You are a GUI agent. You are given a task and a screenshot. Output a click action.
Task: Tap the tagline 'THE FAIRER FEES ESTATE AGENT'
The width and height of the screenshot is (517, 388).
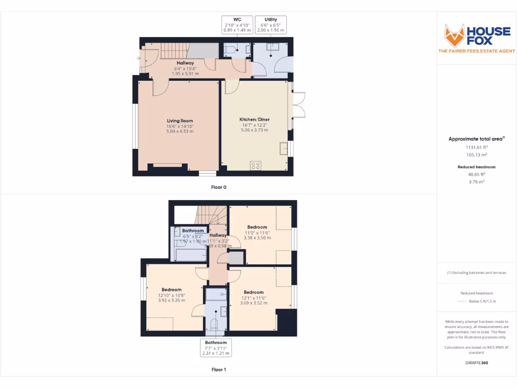pyautogui.click(x=477, y=51)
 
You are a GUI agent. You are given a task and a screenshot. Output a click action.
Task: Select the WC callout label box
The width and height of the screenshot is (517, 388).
pyautogui.click(x=237, y=25)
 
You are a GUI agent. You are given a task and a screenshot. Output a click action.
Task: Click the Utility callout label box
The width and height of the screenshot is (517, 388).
pyautogui.click(x=271, y=25)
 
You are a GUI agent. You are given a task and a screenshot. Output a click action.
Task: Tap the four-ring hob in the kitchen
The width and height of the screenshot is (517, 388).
pyautogui.click(x=255, y=165)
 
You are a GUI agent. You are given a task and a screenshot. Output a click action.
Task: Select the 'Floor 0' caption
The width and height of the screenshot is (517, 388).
pyautogui.click(x=219, y=187)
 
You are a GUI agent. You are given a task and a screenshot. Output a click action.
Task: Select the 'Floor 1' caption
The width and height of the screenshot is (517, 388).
pyautogui.click(x=219, y=370)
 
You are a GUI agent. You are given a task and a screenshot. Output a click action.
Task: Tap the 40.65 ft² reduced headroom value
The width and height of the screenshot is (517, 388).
pyautogui.click(x=477, y=174)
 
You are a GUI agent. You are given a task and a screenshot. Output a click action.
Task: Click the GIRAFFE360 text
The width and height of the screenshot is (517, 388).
pyautogui.click(x=477, y=363)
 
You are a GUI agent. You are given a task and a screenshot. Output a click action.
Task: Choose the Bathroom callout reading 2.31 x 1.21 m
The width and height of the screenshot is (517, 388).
pyautogui.click(x=216, y=348)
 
